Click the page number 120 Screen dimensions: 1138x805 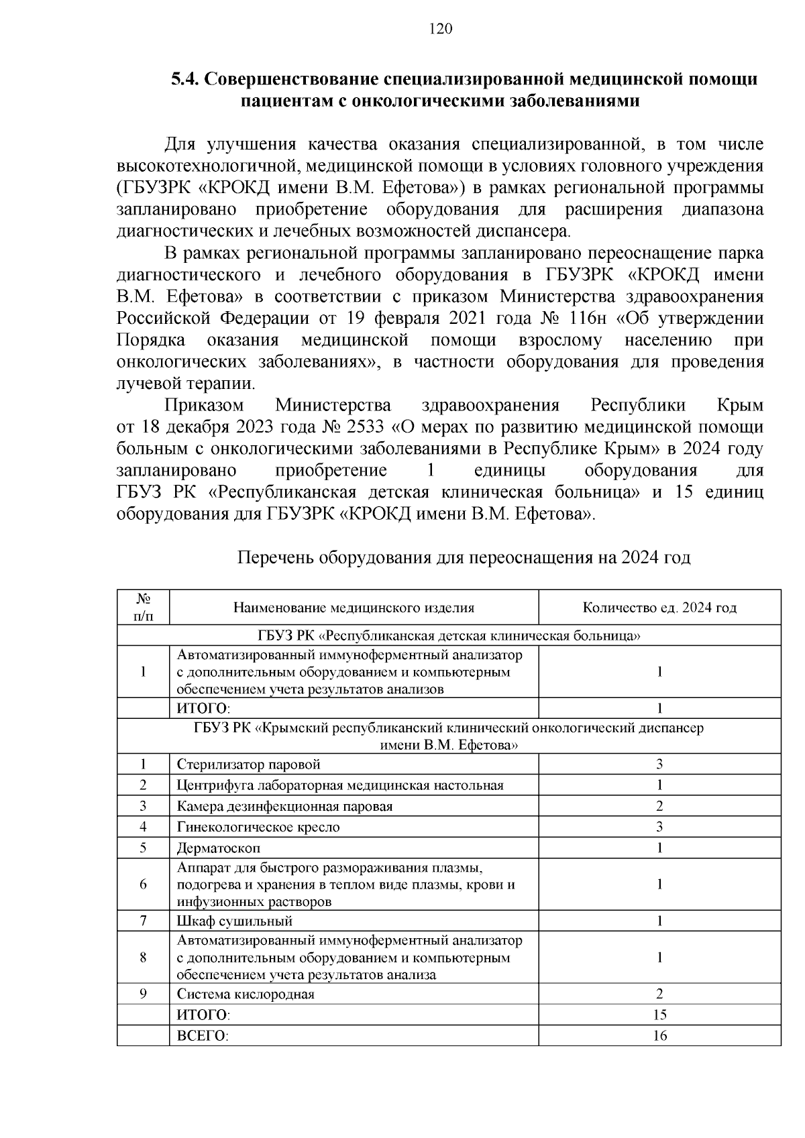click(x=441, y=28)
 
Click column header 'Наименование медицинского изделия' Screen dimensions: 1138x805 click(x=354, y=608)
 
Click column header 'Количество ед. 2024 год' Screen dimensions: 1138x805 click(x=659, y=608)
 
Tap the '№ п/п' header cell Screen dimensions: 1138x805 click(x=143, y=608)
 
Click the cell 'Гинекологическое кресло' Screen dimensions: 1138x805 click(x=258, y=827)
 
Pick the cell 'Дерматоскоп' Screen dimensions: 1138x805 click(x=219, y=848)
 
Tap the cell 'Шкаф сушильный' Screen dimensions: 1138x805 click(x=235, y=921)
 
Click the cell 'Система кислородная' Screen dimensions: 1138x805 click(x=246, y=994)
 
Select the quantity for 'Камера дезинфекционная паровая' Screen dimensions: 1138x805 click(x=659, y=806)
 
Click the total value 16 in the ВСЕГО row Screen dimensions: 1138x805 click(x=659, y=1036)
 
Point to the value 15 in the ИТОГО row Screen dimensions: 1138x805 click(x=659, y=1015)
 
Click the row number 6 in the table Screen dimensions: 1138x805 click(x=143, y=885)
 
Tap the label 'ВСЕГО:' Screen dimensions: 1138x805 click(x=203, y=1036)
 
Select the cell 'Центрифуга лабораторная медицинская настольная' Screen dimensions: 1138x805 click(x=340, y=785)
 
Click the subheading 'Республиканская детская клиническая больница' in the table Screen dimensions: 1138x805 click(x=449, y=636)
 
